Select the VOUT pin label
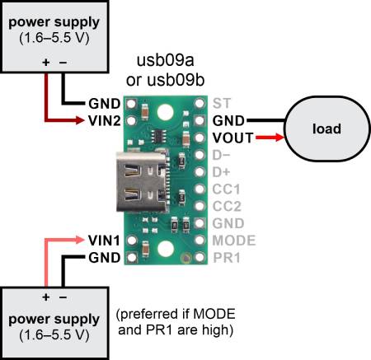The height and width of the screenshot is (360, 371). tap(231, 137)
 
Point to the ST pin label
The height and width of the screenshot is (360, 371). tap(222, 103)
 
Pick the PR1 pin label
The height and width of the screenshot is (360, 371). tap(225, 258)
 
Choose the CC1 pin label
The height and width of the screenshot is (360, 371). tap(225, 189)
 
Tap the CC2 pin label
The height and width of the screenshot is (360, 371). tap(225, 206)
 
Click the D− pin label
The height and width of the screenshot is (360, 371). tap(222, 154)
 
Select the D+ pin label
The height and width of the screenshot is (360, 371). tap(222, 171)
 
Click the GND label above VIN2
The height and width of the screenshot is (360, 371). tap(104, 103)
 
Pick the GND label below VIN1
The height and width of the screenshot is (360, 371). tap(104, 258)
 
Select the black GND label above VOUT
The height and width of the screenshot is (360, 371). tap(228, 119)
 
